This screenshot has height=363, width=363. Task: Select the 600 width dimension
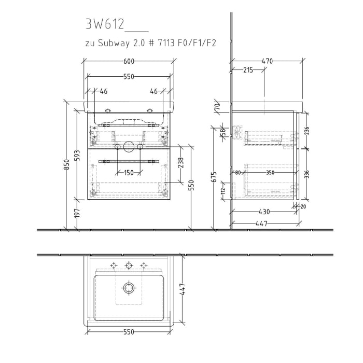(129, 61)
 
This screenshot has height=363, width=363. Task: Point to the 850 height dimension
(66, 164)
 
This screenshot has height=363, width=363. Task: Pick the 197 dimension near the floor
(77, 213)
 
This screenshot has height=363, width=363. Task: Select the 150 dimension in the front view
(129, 173)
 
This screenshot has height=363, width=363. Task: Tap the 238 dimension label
(180, 163)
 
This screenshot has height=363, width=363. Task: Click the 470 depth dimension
(267, 61)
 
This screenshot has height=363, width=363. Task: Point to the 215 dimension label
(247, 71)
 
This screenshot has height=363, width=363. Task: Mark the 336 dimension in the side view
(306, 174)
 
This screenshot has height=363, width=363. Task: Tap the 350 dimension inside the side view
(270, 173)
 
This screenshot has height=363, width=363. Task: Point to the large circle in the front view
(129, 147)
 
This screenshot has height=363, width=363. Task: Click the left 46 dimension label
(104, 91)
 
